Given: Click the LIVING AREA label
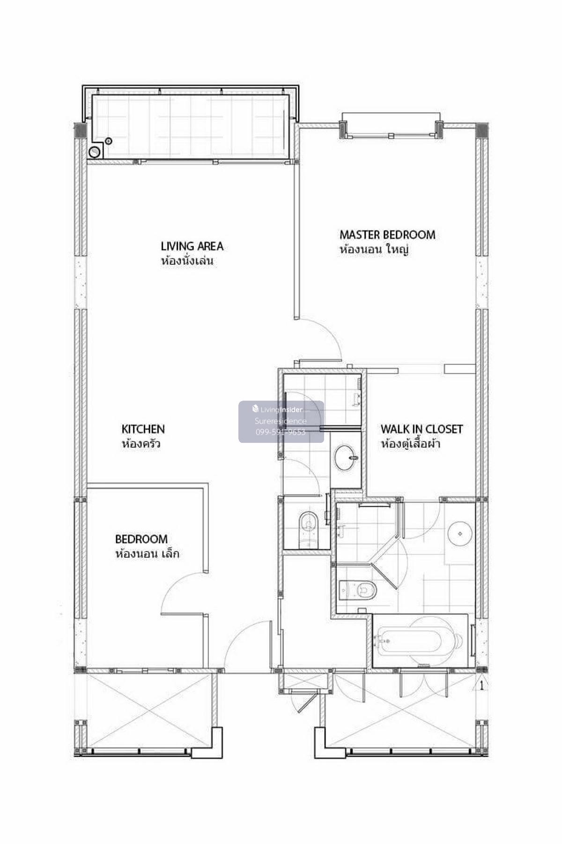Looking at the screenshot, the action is (x=192, y=246).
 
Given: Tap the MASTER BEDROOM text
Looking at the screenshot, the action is (x=387, y=234).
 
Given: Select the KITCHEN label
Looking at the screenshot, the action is (x=143, y=429).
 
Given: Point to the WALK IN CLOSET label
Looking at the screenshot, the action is (x=421, y=429).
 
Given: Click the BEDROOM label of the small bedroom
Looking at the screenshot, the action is (x=141, y=539).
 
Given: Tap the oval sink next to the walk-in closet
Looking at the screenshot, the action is (x=347, y=457).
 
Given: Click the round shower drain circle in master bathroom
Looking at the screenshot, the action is (x=461, y=534).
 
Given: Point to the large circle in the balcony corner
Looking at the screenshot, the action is (x=95, y=151).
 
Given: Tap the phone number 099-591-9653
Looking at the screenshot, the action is (x=281, y=432).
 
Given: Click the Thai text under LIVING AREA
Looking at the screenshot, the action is (x=187, y=261).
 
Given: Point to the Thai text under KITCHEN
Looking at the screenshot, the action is (x=141, y=443).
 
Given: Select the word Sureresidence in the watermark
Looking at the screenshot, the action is (x=281, y=421).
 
